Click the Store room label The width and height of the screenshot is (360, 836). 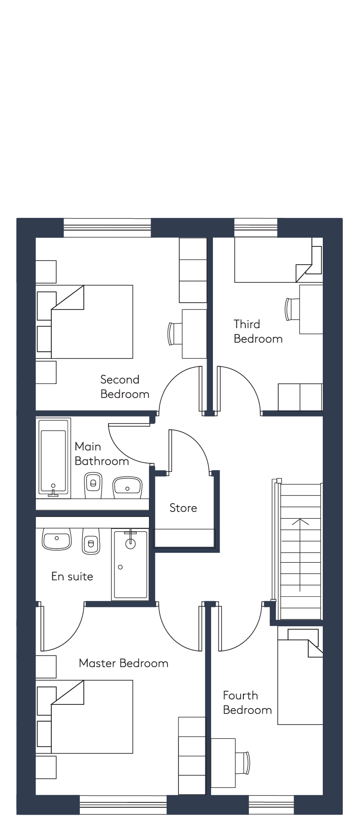(x=183, y=508)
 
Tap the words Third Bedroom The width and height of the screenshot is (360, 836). (x=258, y=331)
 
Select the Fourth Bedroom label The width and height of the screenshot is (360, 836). (x=247, y=703)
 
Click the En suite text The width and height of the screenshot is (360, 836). (x=72, y=576)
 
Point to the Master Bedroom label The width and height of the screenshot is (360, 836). (x=123, y=663)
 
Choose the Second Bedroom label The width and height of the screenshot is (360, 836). (x=125, y=387)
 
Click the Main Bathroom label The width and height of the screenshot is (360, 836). (x=102, y=454)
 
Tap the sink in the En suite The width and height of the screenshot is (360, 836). (x=57, y=539)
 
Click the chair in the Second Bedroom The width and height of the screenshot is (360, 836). (x=175, y=334)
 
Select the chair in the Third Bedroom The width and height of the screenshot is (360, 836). (x=292, y=309)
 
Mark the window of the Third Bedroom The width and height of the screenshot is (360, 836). (x=256, y=228)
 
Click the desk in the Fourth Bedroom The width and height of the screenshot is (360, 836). (x=223, y=763)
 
